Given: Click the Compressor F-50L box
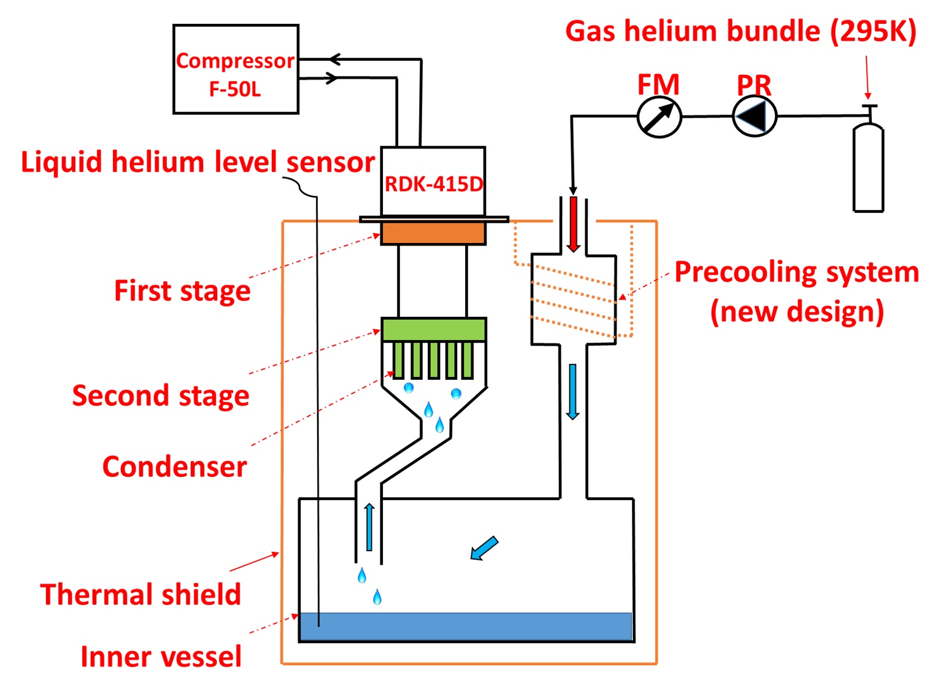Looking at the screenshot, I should click(236, 69).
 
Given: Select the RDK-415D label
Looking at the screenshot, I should click(433, 183).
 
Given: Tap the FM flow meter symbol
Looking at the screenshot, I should click(659, 117).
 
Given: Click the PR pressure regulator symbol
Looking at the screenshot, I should click(755, 116).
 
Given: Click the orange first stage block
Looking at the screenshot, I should click(433, 233).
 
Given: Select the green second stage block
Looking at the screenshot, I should click(434, 330).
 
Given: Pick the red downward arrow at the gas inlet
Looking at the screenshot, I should click(574, 224).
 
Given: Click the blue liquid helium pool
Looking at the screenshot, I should click(466, 626).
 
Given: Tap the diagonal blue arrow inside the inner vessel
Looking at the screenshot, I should click(484, 548).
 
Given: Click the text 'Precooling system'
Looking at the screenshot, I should click(796, 272).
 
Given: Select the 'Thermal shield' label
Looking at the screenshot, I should click(141, 594).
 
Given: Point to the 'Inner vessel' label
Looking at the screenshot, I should click(161, 656).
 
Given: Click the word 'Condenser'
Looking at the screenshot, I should click(174, 466).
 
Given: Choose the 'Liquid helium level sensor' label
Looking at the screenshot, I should click(198, 162).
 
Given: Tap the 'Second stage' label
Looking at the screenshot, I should click(161, 395).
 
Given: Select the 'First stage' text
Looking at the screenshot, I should click(182, 290).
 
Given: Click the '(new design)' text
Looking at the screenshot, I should click(796, 311).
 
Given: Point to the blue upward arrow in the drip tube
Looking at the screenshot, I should click(369, 527).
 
